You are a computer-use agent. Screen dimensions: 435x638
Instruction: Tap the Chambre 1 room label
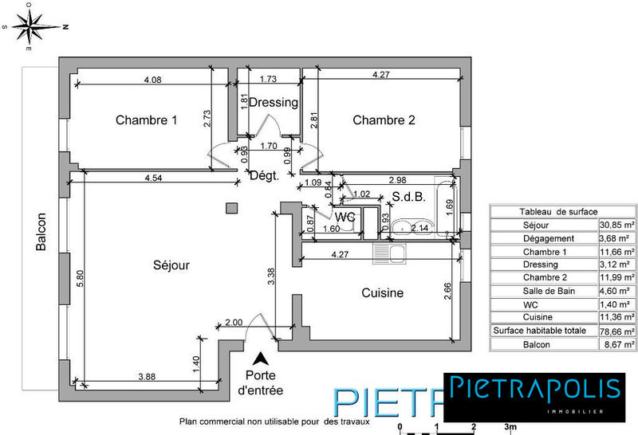[x=146, y=121]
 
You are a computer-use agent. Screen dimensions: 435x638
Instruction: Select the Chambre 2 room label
[x=384, y=121]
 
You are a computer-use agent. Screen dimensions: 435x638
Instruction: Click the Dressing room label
[x=274, y=103]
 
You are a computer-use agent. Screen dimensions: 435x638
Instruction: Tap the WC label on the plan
[x=345, y=217]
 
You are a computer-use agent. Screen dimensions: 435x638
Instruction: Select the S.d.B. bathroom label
[x=407, y=198]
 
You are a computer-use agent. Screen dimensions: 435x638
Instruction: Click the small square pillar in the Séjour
[x=231, y=208]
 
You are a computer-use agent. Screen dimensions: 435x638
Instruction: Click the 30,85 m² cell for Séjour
[x=616, y=225]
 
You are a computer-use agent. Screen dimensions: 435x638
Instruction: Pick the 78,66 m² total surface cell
[x=616, y=331]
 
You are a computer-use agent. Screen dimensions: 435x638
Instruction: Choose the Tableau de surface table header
[x=558, y=212]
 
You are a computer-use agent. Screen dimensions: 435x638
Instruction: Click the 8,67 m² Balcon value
[x=616, y=344]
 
